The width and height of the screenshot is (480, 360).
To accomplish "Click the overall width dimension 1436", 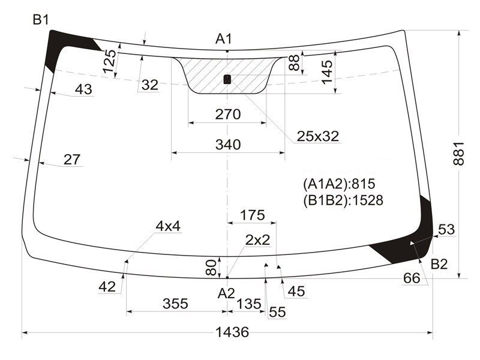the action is click(232, 332).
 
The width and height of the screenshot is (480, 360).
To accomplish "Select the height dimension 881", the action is click(459, 154).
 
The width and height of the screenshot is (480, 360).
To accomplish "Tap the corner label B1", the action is click(41, 20).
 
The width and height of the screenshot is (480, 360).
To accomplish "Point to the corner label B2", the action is click(439, 264).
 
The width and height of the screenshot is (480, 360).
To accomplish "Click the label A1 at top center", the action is click(224, 39).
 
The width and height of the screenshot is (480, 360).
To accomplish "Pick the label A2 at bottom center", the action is click(226, 293).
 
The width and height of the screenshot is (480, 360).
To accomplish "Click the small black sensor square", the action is click(227, 79).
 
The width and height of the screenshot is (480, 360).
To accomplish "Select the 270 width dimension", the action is click(228, 115).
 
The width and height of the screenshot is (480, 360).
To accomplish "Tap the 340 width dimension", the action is click(228, 145).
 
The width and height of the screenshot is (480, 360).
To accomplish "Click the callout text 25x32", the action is click(318, 136).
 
